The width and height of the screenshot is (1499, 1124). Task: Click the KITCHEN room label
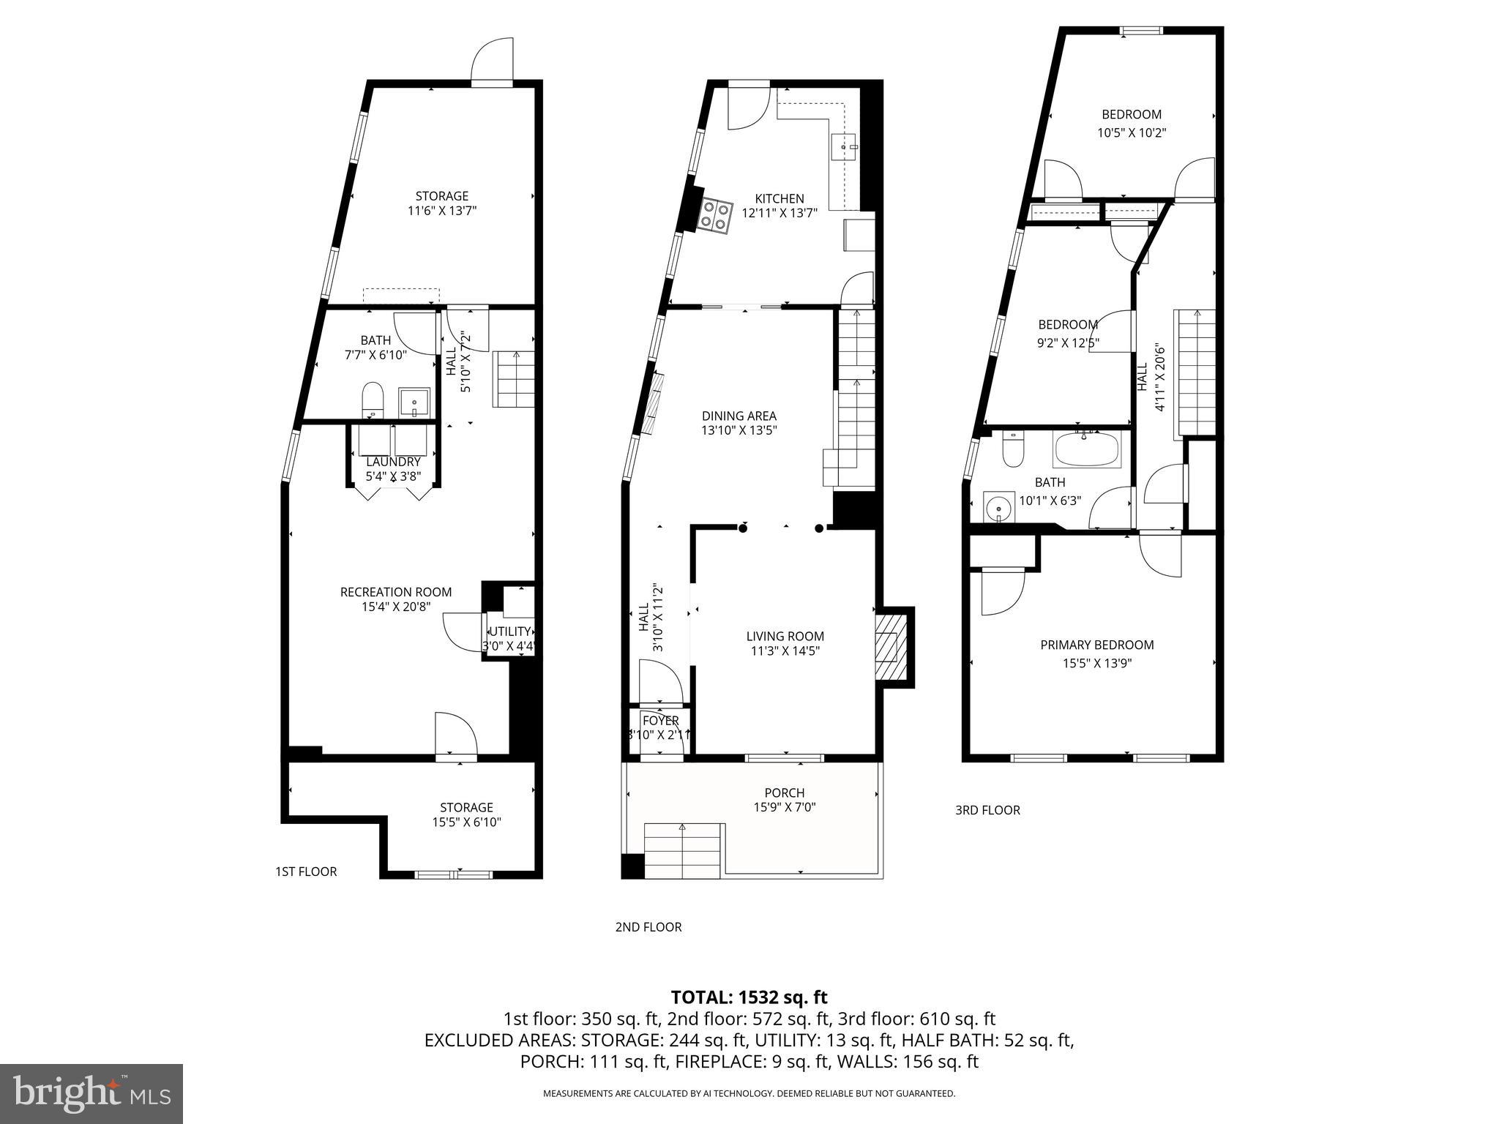[779, 198]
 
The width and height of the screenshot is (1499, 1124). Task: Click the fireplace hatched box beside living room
[891, 648]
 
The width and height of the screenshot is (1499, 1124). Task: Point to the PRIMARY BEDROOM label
[1096, 645]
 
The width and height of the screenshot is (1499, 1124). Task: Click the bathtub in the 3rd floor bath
[1086, 449]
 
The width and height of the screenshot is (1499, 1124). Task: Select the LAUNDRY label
[393, 462]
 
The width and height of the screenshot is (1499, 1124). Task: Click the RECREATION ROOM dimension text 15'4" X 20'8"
[396, 607]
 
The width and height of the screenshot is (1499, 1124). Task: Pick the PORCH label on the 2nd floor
[784, 793]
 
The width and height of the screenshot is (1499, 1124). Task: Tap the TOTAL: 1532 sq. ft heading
[749, 997]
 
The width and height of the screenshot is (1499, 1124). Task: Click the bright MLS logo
[91, 1094]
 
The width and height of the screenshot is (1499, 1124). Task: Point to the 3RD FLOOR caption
[987, 810]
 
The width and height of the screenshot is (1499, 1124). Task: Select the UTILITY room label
[509, 632]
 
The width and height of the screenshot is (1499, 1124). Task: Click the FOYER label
[660, 721]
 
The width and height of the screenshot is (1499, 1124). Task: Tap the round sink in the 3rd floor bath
[998, 506]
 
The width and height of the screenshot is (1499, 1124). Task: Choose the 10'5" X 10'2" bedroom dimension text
[1131, 133]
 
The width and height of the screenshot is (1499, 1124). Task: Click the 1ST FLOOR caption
[305, 872]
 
